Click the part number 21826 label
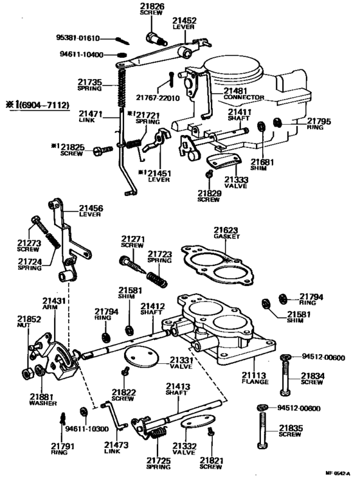pos(152,10)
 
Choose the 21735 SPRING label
pos(90,86)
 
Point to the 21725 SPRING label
pos(159,464)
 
